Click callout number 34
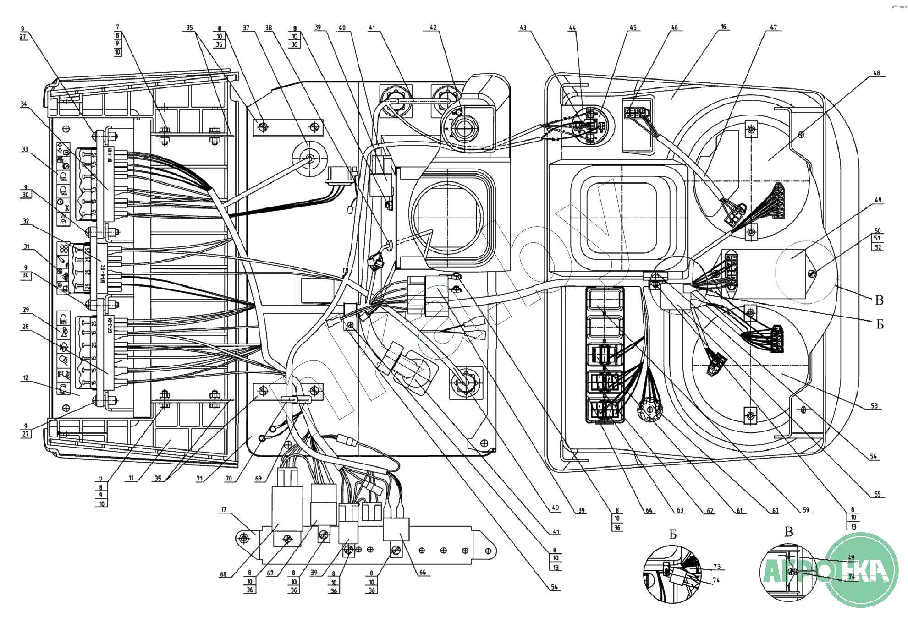tap(24, 104)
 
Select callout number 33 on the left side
tap(25, 149)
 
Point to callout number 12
tap(26, 378)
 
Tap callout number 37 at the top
tap(246, 28)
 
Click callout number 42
tap(433, 28)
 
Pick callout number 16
tap(724, 27)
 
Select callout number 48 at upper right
tap(876, 73)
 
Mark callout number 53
tap(874, 406)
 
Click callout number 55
tap(877, 494)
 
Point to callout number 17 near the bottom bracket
tap(224, 509)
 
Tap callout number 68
tap(223, 574)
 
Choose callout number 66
tap(423, 573)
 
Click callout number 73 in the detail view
tap(717, 567)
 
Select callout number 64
tap(649, 510)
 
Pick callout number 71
tap(199, 479)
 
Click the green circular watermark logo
tap(862, 570)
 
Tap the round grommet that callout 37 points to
tap(309, 159)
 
